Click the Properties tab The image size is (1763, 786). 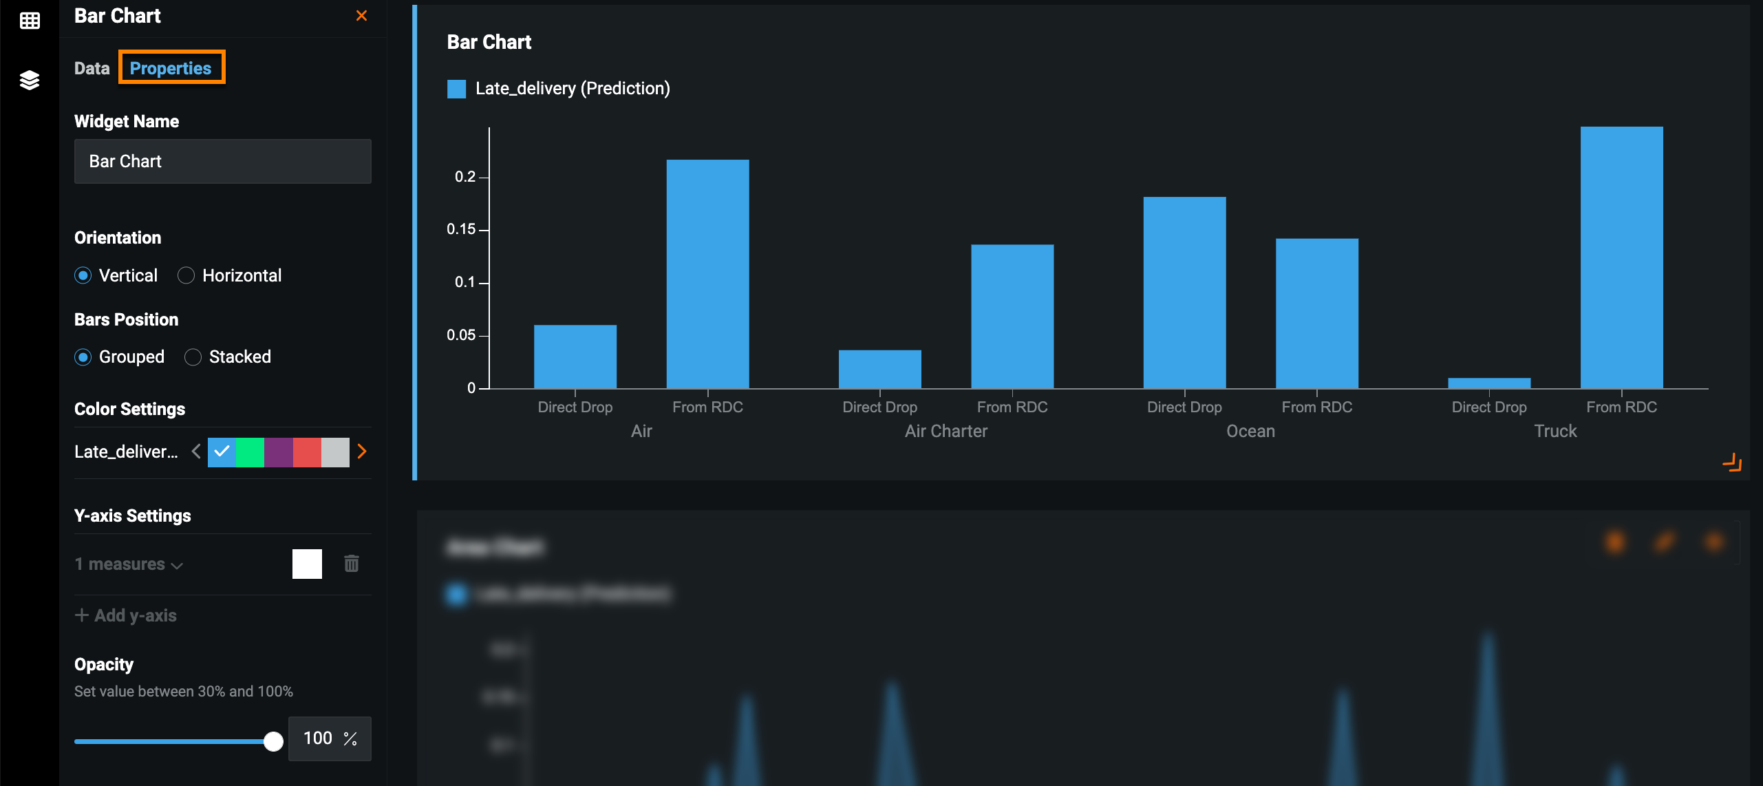point(171,68)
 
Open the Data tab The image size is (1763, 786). point(92,68)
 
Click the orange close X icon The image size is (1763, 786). point(361,16)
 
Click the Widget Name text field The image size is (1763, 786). point(222,162)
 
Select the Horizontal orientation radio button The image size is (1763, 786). point(186,276)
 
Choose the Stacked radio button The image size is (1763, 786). point(193,357)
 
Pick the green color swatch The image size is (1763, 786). point(250,452)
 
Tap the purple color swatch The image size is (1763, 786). point(278,452)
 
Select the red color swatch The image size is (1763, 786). point(306,452)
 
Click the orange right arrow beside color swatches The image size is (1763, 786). point(362,452)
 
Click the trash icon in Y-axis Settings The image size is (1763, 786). point(351,564)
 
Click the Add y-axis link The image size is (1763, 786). point(126,615)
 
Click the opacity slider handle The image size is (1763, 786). point(273,741)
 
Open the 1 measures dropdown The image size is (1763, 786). point(129,564)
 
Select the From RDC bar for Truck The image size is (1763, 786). point(1621,258)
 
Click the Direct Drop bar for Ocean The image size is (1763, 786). point(1184,293)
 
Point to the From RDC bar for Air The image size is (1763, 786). point(707,275)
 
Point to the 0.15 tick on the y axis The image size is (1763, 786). point(461,229)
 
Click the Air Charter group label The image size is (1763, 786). point(945,432)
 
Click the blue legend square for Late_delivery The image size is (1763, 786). point(456,89)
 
